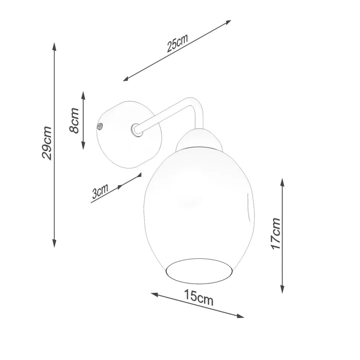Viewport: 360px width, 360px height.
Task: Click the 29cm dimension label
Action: [x=47, y=143]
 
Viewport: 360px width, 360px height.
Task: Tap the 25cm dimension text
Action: [x=177, y=43]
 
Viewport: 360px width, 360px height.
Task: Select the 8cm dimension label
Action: [x=74, y=120]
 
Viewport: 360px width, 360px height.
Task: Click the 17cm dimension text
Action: [x=276, y=233]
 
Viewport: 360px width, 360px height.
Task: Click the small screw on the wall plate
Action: [x=99, y=127]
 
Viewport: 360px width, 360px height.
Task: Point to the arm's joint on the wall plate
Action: [x=136, y=130]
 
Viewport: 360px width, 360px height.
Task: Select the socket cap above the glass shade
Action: [x=199, y=140]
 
